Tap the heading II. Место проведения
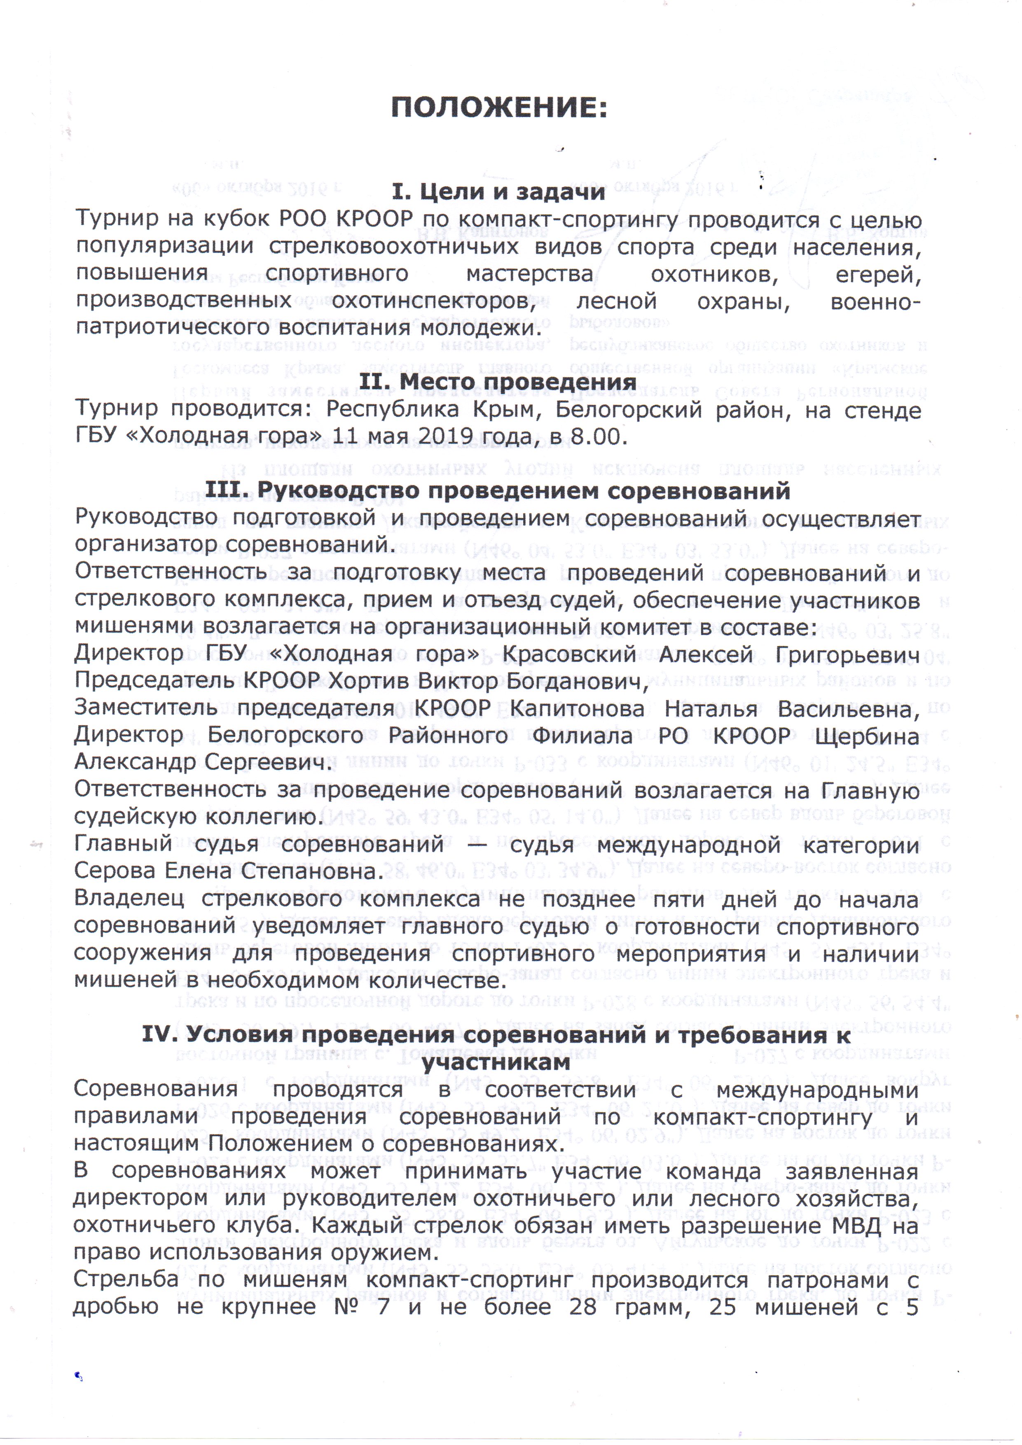pyautogui.click(x=498, y=382)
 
